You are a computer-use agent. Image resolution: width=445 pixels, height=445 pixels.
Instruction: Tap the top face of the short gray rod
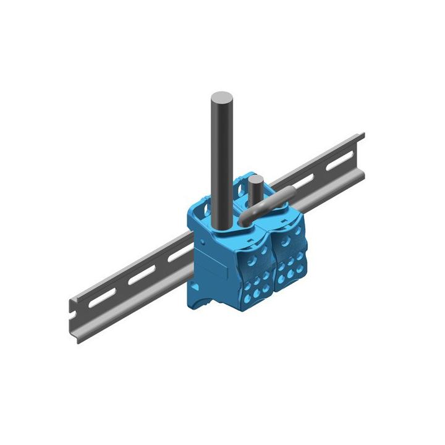click(256, 180)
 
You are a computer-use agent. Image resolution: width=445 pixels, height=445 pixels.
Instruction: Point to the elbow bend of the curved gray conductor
click(247, 214)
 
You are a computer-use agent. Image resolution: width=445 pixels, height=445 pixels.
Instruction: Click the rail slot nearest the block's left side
click(177, 254)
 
